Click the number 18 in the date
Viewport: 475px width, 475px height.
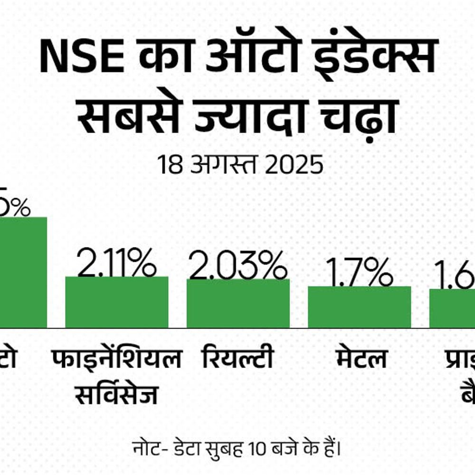click(x=168, y=165)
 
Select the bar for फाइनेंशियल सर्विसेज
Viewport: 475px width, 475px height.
click(x=116, y=302)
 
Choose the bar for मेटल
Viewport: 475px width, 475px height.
click(x=359, y=307)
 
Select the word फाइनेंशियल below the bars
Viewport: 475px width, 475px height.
click(x=116, y=359)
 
